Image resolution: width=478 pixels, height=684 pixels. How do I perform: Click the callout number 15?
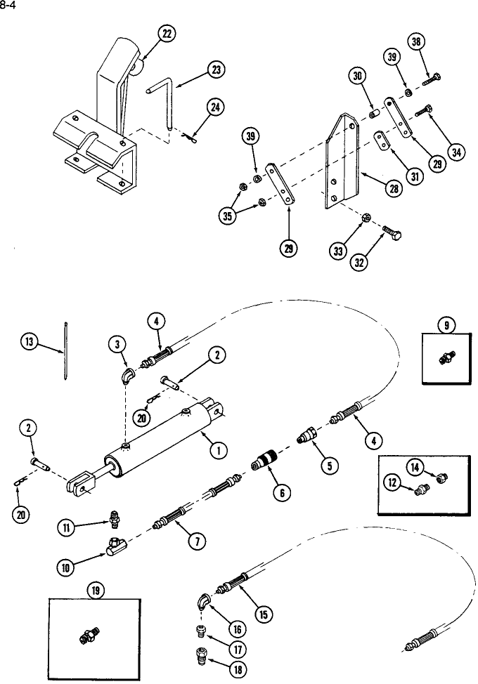click(263, 614)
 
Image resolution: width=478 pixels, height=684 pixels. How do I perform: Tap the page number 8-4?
click(8, 6)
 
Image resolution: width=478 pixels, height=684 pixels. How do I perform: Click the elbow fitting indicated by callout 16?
click(203, 602)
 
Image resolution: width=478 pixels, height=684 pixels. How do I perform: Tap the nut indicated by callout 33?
click(367, 219)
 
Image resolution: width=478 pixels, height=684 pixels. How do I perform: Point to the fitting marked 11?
click(114, 521)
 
